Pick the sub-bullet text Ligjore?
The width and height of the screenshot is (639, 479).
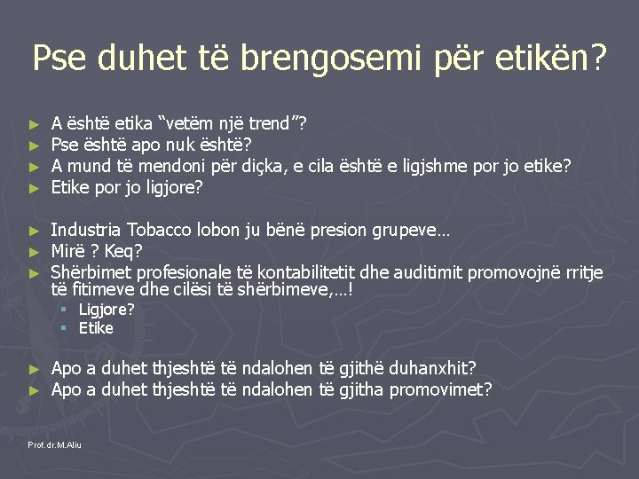106,310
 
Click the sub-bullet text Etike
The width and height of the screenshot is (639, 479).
96,328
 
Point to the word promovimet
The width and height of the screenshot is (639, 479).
440,389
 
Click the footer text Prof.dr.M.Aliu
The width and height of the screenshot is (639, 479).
55,444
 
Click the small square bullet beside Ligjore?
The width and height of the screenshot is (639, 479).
64,310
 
